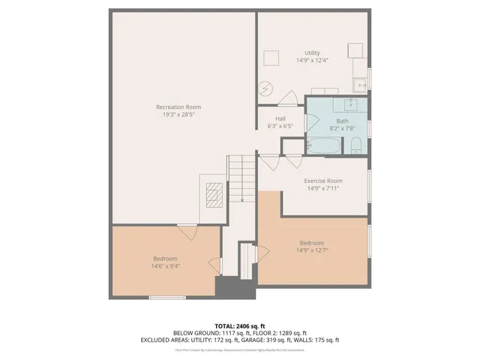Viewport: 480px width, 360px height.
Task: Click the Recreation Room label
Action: (x=178, y=107)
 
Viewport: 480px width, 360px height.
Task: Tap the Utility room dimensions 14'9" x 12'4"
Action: (x=312, y=61)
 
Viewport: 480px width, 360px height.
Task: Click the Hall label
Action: (x=280, y=118)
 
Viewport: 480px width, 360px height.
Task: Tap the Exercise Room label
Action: (x=322, y=181)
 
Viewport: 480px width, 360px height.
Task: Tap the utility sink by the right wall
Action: (x=360, y=85)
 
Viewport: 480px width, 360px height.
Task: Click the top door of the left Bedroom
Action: (x=187, y=232)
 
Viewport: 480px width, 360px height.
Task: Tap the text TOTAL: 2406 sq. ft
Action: (x=240, y=325)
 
